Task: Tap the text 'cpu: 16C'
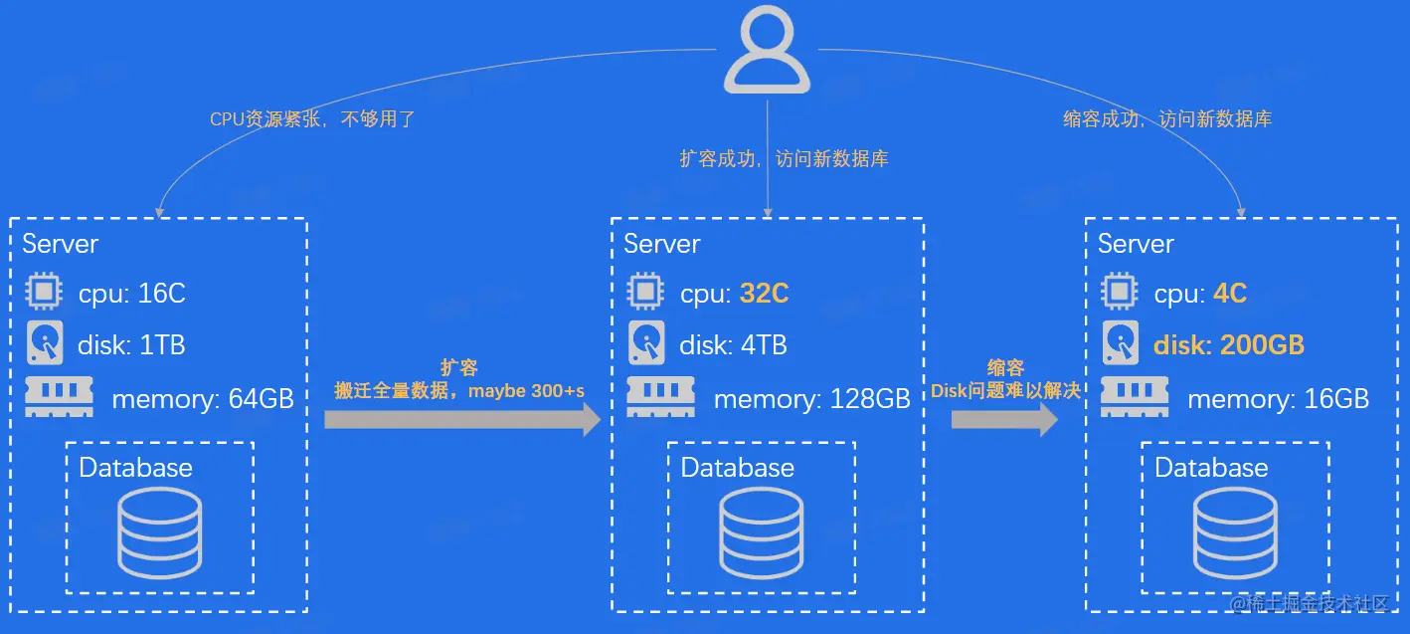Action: pyautogui.click(x=132, y=294)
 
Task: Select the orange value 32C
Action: pyautogui.click(x=764, y=294)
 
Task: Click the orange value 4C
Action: pyautogui.click(x=1229, y=294)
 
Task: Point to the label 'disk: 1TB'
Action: pyautogui.click(x=131, y=345)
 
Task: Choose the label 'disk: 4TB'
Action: pyautogui.click(x=733, y=345)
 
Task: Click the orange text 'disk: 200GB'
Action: pyautogui.click(x=1228, y=345)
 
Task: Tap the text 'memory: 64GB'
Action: pyautogui.click(x=203, y=399)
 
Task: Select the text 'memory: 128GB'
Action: pyautogui.click(x=811, y=399)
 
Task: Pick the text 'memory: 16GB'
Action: pyautogui.click(x=1278, y=399)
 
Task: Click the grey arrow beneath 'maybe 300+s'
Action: pyautogui.click(x=462, y=420)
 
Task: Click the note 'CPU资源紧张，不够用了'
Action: pyautogui.click(x=312, y=120)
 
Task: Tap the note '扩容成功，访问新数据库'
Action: pyautogui.click(x=784, y=158)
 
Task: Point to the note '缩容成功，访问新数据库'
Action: pyautogui.click(x=1167, y=119)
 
